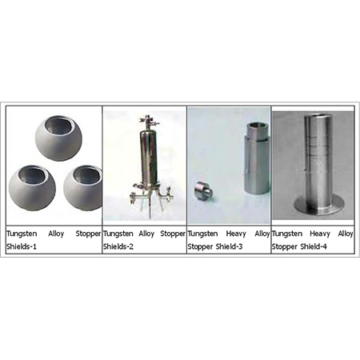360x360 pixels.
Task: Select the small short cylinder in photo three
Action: tap(202, 191)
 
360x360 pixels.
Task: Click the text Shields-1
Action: tap(23, 246)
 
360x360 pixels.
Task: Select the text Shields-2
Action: tap(120, 246)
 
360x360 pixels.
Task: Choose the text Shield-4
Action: tap(314, 246)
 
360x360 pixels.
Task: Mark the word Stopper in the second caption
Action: tap(171, 234)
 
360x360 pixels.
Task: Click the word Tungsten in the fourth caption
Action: tap(288, 234)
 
